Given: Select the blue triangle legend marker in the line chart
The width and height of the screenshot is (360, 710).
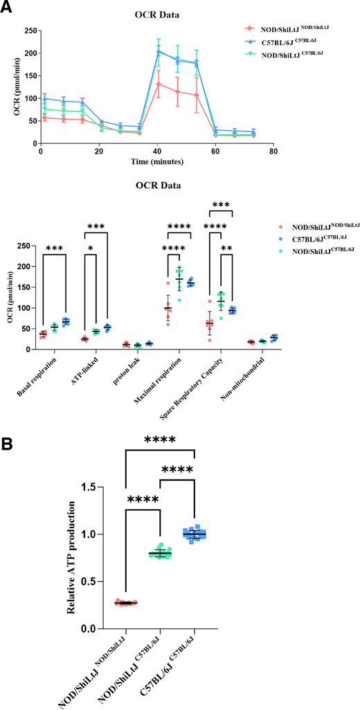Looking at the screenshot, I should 248,41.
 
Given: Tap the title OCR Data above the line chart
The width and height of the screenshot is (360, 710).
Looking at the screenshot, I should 158,13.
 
